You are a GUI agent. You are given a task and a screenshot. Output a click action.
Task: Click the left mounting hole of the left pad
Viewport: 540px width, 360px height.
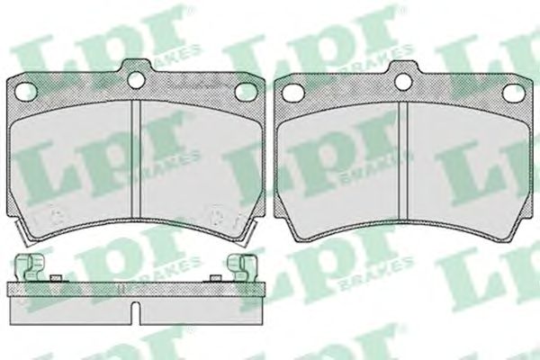coord(26,91)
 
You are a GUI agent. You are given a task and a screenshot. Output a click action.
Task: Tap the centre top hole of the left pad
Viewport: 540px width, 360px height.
coord(137,80)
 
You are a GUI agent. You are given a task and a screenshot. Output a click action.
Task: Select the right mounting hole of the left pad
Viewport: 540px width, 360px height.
coord(245,92)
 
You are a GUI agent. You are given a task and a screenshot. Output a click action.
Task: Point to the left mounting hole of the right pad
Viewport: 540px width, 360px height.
coord(292,92)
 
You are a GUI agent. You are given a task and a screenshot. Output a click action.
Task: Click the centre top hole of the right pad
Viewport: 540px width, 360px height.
coord(403,81)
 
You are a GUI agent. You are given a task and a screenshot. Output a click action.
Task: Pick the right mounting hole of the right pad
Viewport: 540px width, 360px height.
coord(512,93)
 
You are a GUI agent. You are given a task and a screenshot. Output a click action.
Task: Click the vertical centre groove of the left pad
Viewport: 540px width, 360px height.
coord(136,158)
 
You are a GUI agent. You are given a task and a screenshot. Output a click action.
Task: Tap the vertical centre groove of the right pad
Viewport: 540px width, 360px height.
coord(403,160)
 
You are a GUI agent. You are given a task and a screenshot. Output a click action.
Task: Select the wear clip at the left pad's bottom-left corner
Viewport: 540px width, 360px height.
coord(22,233)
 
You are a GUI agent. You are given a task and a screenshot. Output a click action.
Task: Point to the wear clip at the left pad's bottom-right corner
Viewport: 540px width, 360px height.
coord(248,233)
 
